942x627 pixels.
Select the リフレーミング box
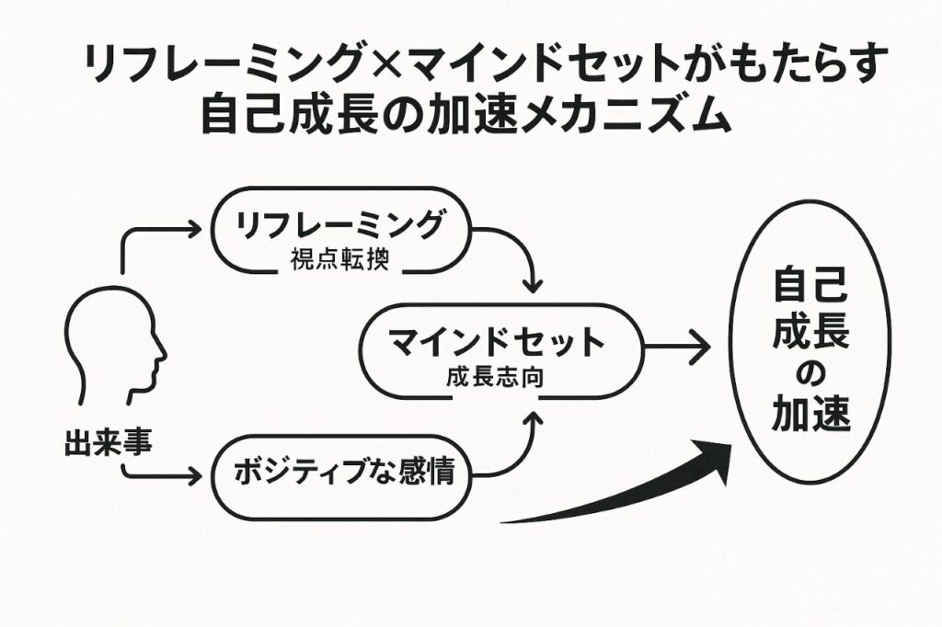click(x=340, y=234)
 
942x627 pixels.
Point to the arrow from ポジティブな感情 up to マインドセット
click(x=521, y=450)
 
